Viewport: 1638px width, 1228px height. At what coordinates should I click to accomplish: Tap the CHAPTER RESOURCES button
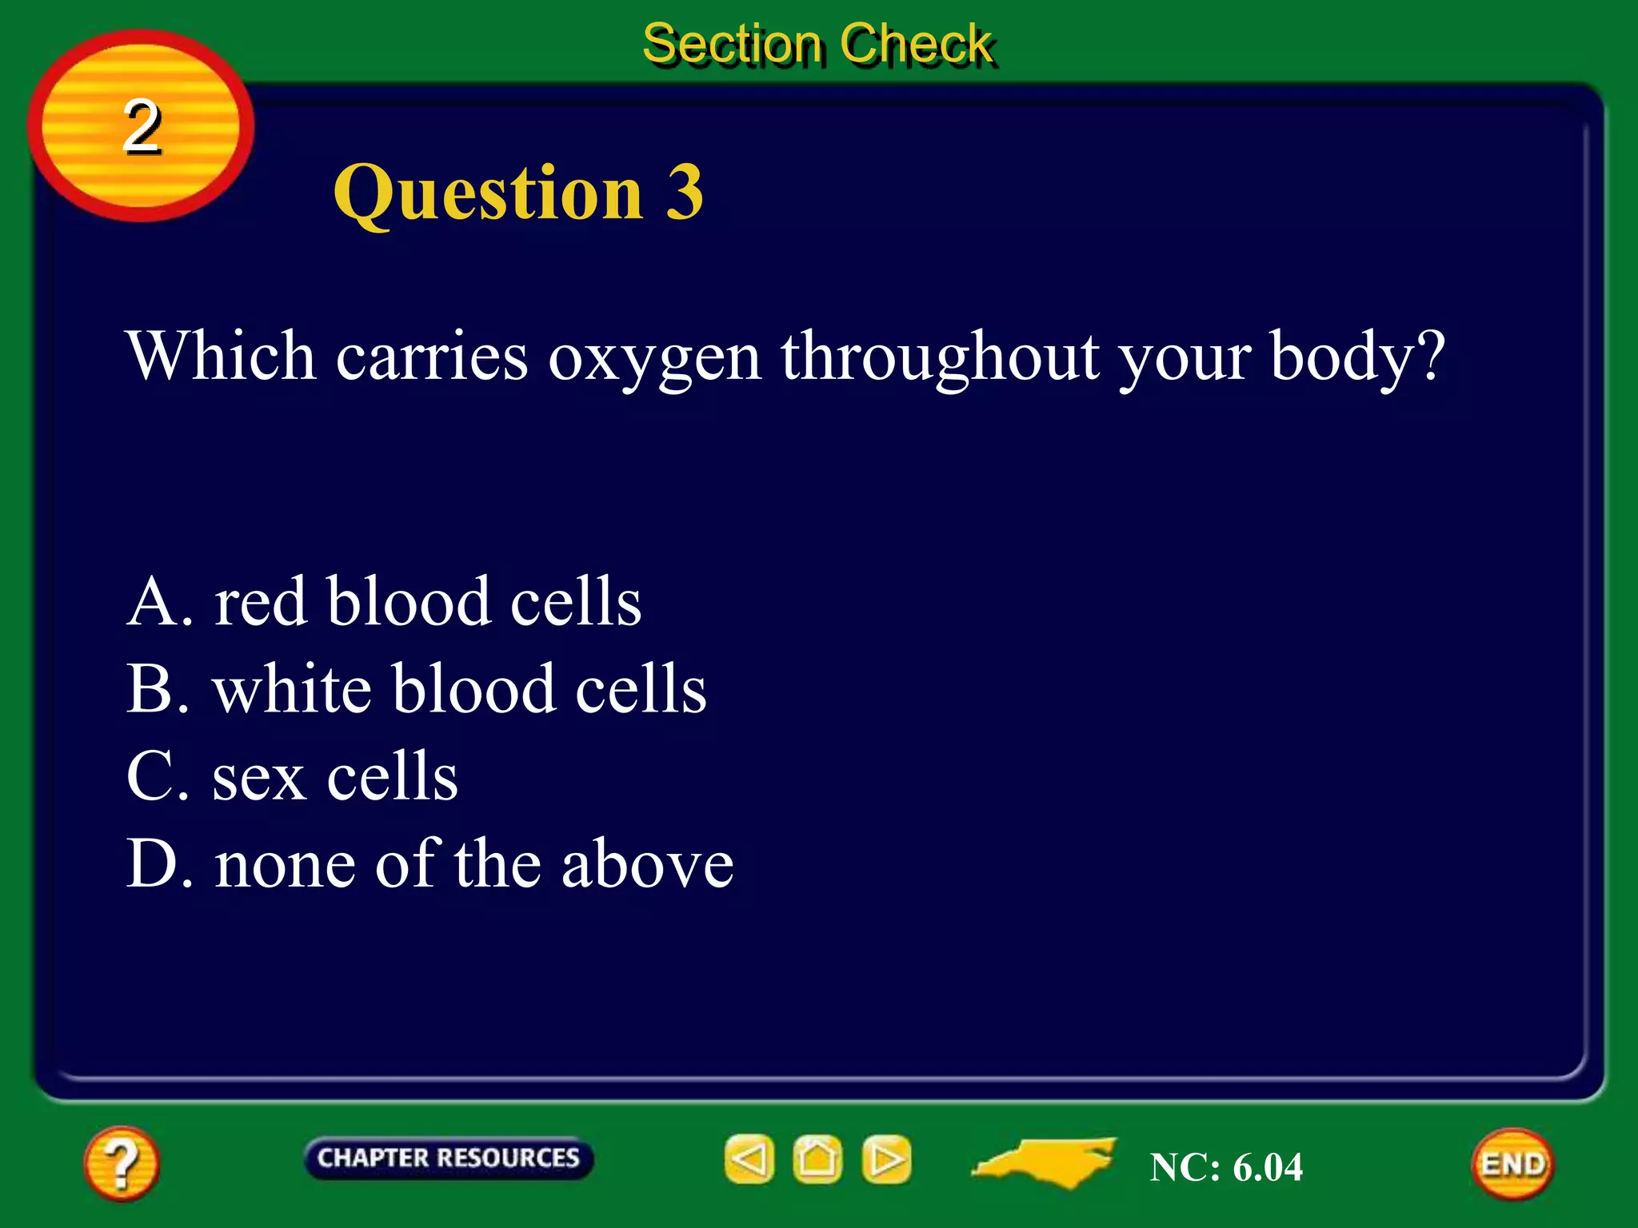click(448, 1158)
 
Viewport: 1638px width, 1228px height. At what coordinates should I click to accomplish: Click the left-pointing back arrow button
click(749, 1158)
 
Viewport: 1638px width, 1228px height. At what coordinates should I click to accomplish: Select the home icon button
click(817, 1158)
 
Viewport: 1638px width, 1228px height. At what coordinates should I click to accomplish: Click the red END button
click(1512, 1164)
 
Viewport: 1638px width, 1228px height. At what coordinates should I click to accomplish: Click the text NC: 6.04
click(1226, 1166)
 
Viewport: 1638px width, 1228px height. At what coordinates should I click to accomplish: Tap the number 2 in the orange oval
click(142, 126)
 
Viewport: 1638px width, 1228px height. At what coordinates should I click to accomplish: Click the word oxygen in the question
click(654, 357)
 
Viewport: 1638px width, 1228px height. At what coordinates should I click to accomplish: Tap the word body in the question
click(1344, 357)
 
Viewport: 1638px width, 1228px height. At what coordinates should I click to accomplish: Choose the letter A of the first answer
click(151, 601)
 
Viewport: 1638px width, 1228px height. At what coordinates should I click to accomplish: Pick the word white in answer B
click(293, 689)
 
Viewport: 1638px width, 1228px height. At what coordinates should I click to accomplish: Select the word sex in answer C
click(259, 777)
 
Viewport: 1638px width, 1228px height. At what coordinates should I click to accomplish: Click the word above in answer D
click(647, 864)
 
